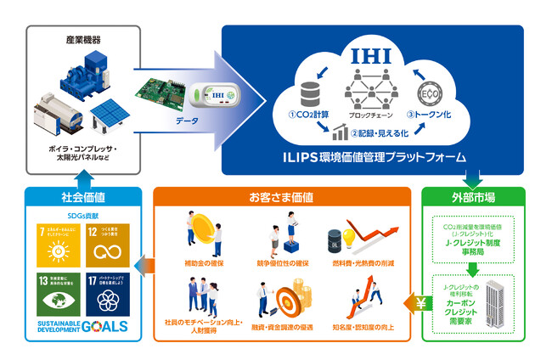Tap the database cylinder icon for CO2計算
tap(307, 93)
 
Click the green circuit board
tap(166, 93)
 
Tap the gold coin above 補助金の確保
tap(204, 230)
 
